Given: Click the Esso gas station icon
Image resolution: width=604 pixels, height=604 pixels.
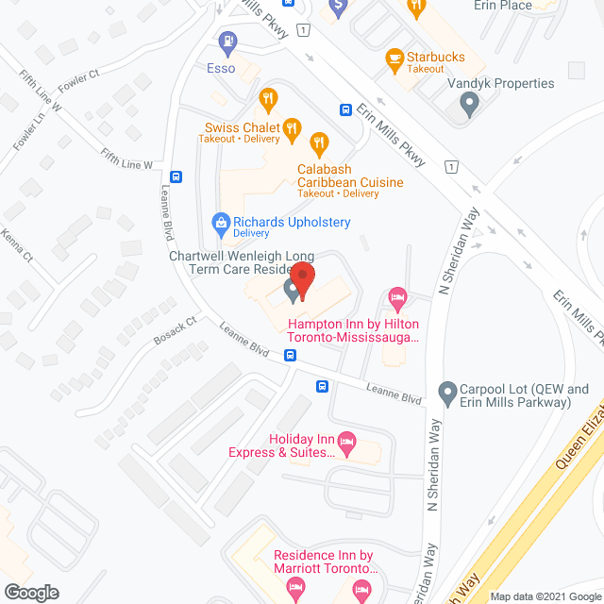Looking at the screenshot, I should point(226,42).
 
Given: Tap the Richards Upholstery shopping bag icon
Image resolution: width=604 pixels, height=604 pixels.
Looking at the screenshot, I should point(220,224).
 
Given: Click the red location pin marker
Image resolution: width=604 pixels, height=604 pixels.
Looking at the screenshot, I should point(302,279).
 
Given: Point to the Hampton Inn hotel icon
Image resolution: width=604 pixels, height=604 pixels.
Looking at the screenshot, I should point(397,299).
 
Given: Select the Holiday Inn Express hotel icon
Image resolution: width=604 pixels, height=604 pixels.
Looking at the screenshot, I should point(346,442).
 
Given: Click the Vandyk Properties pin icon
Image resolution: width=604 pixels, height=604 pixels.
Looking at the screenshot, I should point(469,104).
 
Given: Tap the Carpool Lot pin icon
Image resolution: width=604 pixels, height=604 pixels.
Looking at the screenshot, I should point(447,389).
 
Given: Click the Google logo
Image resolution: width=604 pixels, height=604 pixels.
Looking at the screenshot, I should point(30,592).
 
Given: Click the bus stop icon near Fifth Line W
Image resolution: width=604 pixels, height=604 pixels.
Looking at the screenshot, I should point(176,176).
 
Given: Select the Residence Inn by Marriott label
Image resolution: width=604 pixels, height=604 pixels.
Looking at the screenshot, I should point(326,562).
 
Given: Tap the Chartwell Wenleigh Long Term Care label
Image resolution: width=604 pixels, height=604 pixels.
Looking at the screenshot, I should point(243,262).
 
